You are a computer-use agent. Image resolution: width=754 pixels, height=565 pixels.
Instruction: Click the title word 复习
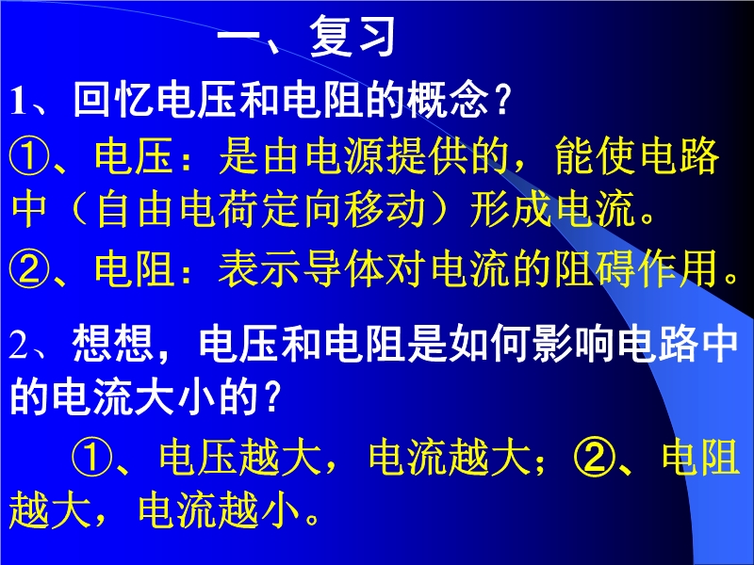(352, 36)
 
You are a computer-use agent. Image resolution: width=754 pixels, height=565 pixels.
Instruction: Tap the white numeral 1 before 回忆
(18, 101)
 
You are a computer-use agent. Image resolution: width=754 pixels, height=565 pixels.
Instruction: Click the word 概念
(448, 100)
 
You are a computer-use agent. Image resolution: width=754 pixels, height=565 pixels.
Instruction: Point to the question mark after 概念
(502, 100)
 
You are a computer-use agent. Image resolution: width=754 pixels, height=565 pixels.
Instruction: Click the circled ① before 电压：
(29, 156)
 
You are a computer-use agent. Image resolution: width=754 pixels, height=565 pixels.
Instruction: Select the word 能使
(597, 156)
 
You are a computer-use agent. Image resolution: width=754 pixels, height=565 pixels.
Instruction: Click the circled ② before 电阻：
(29, 268)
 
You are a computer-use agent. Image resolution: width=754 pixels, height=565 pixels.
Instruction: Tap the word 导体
(344, 268)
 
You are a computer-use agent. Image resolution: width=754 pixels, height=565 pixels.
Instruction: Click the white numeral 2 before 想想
(19, 345)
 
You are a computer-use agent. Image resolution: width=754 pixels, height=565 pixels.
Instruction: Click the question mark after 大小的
(272, 396)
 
